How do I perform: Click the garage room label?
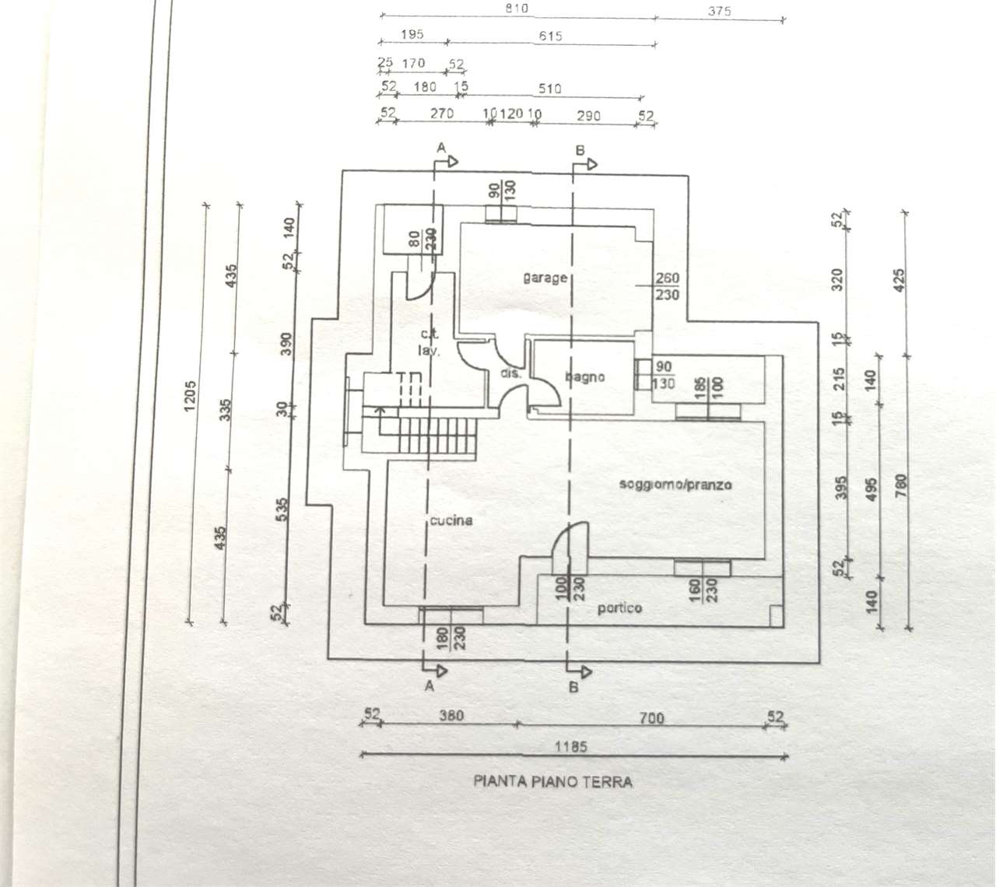click(545, 278)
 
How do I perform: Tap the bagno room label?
click(585, 377)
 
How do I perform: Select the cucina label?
click(451, 521)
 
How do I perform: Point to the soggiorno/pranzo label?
click(675, 485)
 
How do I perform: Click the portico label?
click(619, 608)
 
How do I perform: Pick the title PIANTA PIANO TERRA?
click(552, 782)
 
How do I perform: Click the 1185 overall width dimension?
click(572, 747)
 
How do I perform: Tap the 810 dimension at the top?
click(516, 9)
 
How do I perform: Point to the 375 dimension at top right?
click(720, 12)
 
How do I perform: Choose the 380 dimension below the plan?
click(451, 716)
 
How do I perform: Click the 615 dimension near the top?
click(549, 36)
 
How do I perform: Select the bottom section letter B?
click(573, 688)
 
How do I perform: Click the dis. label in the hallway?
click(510, 374)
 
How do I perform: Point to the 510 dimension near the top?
click(549, 89)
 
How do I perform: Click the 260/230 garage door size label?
click(667, 287)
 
